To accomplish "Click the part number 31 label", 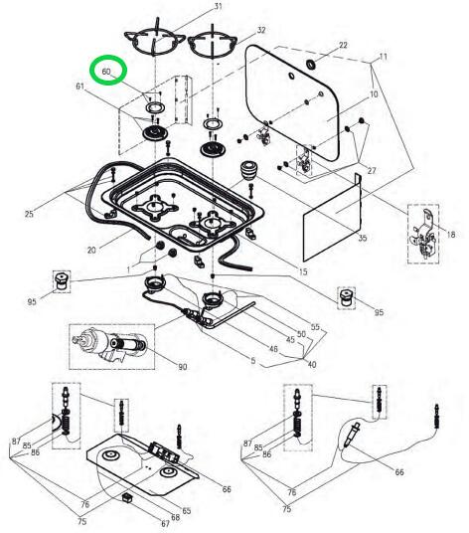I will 219,7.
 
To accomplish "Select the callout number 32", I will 260,31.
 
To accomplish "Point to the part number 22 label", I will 344,46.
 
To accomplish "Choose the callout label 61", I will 79,89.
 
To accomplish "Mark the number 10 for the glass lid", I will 375,94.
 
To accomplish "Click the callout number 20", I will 91,250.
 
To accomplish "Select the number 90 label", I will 182,367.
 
